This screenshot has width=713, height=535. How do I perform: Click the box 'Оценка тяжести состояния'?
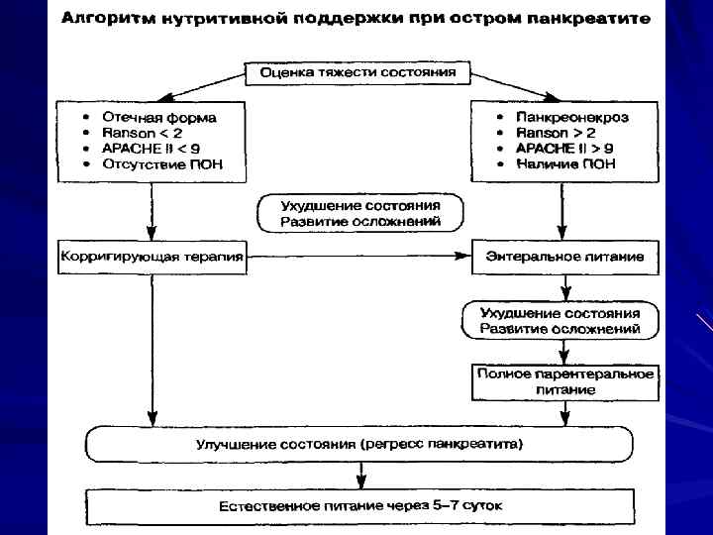tap(357, 72)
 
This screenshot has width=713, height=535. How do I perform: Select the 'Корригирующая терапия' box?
tap(152, 256)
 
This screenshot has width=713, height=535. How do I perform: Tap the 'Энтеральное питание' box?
tap(564, 256)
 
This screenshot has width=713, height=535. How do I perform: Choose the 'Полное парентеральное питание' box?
tap(564, 381)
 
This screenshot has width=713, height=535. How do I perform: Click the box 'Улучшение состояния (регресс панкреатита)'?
tap(357, 442)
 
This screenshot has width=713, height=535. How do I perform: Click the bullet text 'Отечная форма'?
tap(159, 117)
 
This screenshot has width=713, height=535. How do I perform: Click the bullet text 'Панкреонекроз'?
tap(571, 117)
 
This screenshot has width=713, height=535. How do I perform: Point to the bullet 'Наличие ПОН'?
tap(565, 163)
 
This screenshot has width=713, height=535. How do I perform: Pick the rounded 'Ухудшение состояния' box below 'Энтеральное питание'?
tap(560, 320)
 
